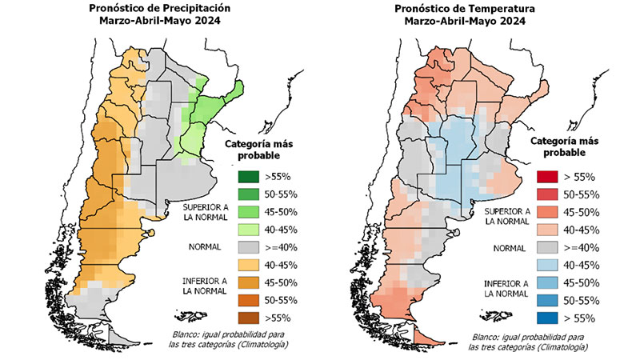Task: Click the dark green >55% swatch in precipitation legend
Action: point(248,176)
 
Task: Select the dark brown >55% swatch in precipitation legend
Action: point(248,318)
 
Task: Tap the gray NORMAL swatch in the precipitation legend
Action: point(248,246)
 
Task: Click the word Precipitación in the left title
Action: point(206,9)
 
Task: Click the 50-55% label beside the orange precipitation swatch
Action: point(282,300)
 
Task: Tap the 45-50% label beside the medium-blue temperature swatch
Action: point(581,282)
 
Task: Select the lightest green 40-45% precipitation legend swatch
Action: point(248,229)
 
